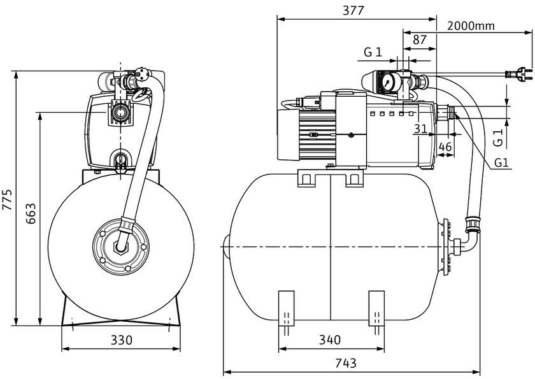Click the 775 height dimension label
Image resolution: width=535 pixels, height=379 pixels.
(x=8, y=199)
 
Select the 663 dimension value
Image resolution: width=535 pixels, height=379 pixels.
(x=31, y=213)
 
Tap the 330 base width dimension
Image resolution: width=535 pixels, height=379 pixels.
(x=122, y=340)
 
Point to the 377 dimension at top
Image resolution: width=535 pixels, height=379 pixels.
(x=353, y=11)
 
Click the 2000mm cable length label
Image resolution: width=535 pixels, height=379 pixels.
(x=471, y=25)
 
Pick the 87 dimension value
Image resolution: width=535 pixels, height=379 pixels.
(x=420, y=40)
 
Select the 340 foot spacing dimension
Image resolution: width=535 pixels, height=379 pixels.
(x=330, y=340)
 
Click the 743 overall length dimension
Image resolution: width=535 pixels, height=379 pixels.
(x=345, y=363)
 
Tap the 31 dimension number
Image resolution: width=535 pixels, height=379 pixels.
(x=421, y=129)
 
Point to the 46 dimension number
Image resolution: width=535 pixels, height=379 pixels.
(x=445, y=147)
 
